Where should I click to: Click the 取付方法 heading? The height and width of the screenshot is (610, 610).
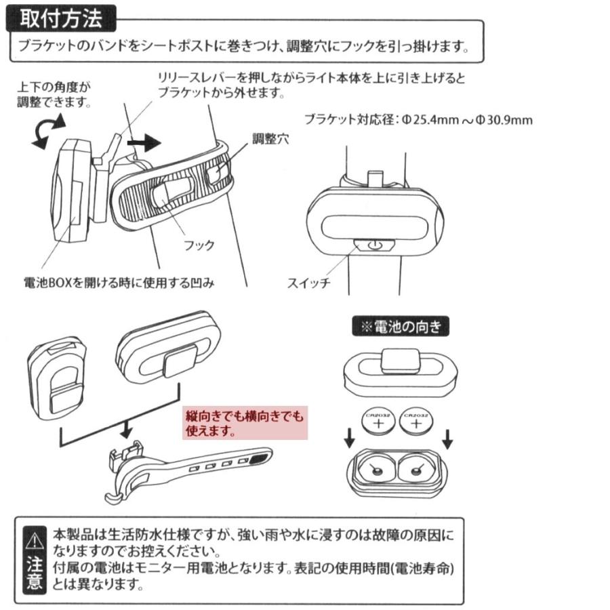click(x=61, y=18)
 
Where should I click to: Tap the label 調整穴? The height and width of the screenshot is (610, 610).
click(x=270, y=139)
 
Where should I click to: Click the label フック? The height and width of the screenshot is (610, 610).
click(x=199, y=245)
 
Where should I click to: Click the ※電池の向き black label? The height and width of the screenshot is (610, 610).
click(x=401, y=327)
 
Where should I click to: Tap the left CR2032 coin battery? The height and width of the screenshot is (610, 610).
click(x=379, y=422)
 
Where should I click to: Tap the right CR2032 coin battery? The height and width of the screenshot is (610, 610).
click(x=415, y=422)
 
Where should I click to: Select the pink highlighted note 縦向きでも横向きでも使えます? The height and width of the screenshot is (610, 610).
click(x=245, y=423)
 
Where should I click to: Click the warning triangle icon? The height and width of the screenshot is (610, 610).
click(x=34, y=540)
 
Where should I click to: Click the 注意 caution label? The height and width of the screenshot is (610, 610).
click(x=34, y=573)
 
